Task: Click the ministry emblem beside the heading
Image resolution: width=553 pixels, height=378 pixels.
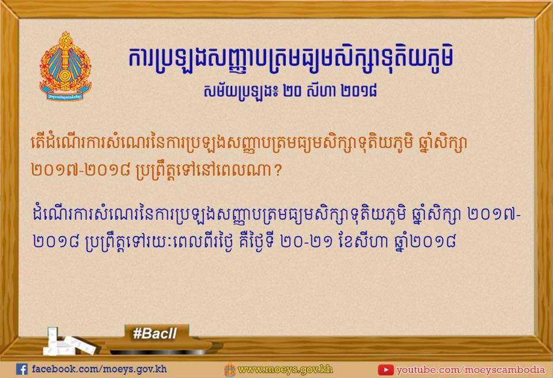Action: pyautogui.click(x=65, y=66)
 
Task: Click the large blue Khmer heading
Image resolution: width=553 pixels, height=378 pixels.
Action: pyautogui.click(x=290, y=58)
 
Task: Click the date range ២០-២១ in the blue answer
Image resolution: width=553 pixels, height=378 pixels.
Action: pyautogui.click(x=307, y=242)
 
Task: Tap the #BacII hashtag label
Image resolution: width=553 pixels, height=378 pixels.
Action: pyautogui.click(x=155, y=333)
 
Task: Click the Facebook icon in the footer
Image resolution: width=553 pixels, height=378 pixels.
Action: pyautogui.click(x=21, y=369)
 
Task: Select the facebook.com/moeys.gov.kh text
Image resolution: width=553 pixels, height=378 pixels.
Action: pyautogui.click(x=99, y=369)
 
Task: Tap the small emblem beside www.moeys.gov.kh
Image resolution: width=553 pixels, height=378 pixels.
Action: pyautogui.click(x=230, y=369)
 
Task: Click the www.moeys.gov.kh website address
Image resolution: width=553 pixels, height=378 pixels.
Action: pyautogui.click(x=285, y=370)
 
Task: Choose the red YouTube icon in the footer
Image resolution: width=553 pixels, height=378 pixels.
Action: pyautogui.click(x=385, y=370)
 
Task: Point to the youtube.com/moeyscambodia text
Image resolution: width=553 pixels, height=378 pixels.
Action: pyautogui.click(x=471, y=370)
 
